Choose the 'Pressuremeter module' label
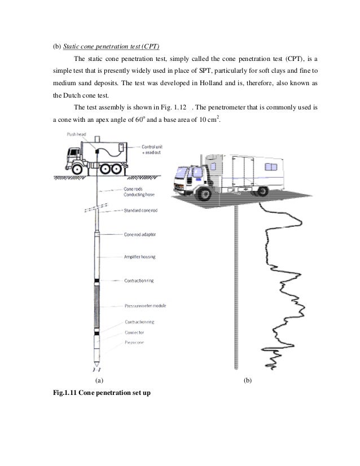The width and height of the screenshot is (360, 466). [x=144, y=306]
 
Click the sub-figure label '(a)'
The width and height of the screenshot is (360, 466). [x=99, y=381]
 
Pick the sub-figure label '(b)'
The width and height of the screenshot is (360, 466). [x=247, y=381]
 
